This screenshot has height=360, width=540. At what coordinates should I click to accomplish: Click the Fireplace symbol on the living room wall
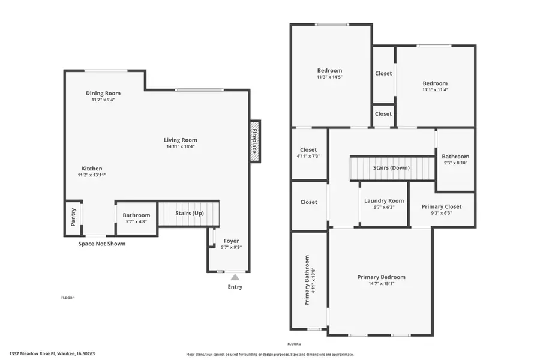255,141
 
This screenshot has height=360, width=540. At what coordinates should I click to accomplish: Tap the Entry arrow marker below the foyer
235,277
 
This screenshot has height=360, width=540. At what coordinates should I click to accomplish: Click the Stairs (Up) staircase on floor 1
189,213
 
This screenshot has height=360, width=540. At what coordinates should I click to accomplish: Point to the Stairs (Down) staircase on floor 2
391,168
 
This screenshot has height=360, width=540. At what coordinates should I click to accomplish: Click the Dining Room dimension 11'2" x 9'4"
103,100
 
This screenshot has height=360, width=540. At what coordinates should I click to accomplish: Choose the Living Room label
181,140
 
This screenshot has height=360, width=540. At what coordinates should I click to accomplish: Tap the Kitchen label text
92,169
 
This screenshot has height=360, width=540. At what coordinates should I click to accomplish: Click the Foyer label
231,241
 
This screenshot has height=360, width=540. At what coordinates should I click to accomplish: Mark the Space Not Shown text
102,244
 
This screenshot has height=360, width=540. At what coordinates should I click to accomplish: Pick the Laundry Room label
384,201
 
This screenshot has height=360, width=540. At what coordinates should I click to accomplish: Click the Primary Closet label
442,206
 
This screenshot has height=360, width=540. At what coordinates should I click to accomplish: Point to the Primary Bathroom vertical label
307,280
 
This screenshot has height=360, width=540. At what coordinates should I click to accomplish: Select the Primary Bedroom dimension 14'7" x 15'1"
381,284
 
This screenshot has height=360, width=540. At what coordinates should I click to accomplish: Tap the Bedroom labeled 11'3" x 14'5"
329,73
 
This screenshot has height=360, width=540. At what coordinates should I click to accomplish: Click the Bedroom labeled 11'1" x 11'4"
435,86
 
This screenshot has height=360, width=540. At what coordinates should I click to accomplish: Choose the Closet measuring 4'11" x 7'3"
308,152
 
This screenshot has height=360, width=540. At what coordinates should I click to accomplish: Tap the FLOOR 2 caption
294,344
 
